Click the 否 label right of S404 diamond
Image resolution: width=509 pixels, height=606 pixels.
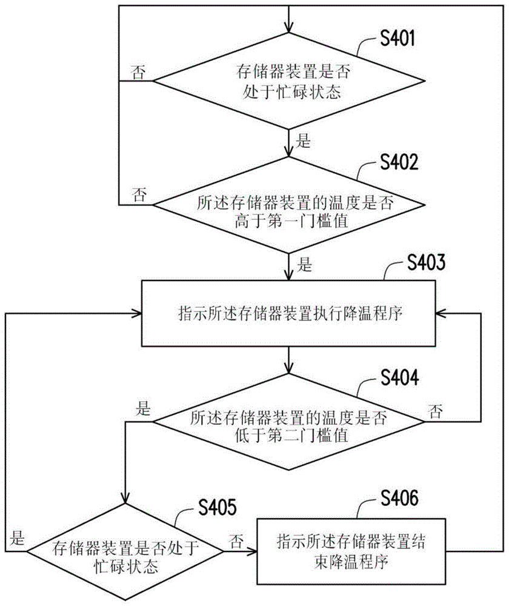435,412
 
